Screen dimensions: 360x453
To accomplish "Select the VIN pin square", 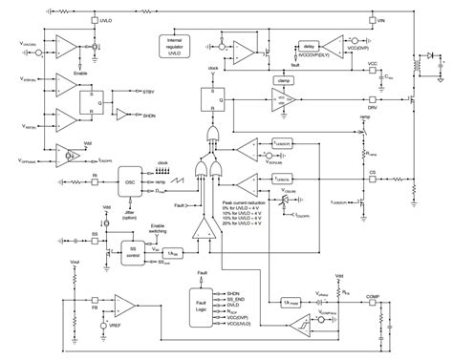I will pyautogui.click(x=371, y=20).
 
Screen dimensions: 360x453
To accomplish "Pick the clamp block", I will pyautogui.click(x=284, y=81).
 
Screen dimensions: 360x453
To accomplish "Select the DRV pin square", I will pyautogui.click(x=371, y=98).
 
